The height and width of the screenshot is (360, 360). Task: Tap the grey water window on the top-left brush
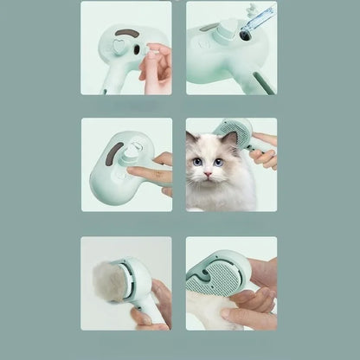pos(127,32)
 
